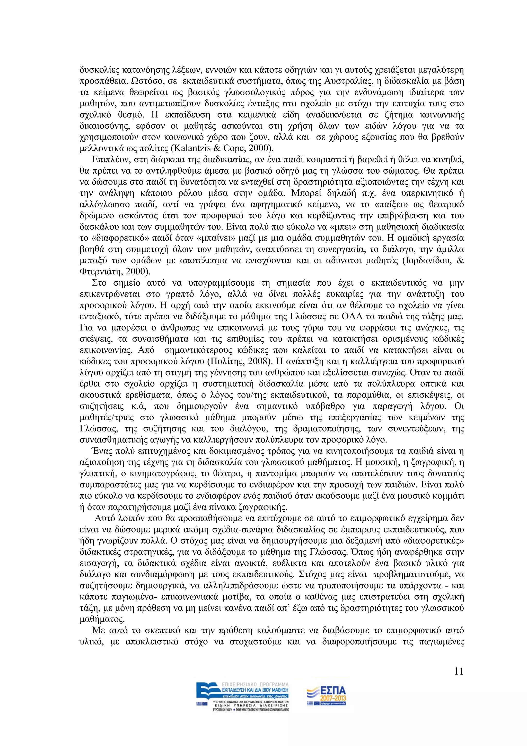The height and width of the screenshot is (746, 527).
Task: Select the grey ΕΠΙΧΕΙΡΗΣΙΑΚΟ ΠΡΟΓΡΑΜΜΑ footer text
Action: [254, 684]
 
